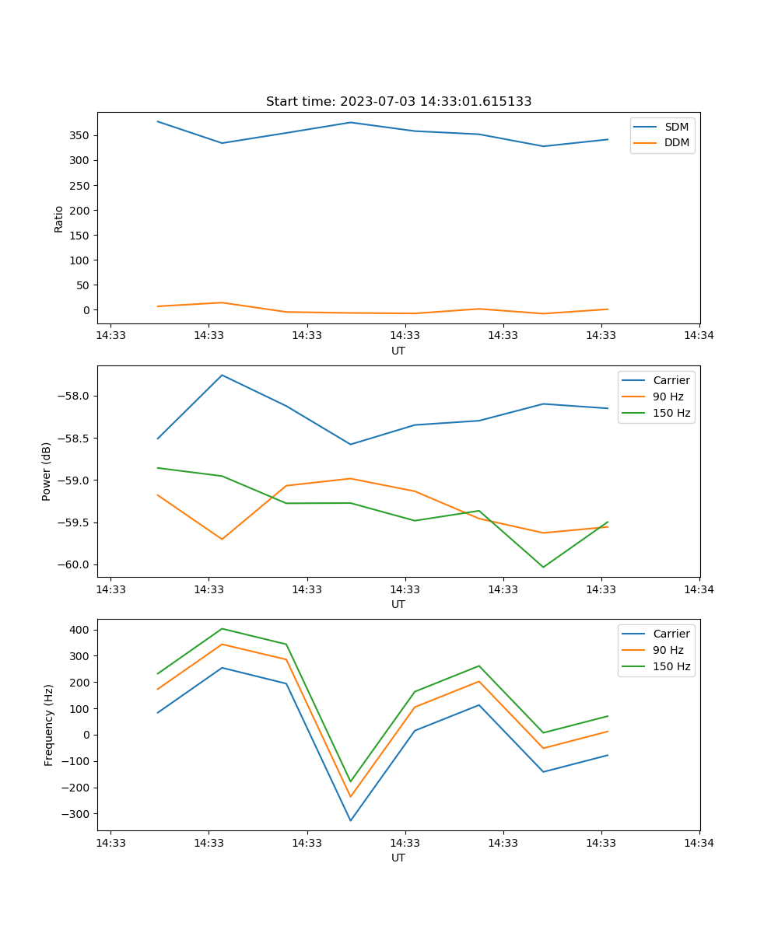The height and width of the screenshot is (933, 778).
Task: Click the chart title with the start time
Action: [x=398, y=102]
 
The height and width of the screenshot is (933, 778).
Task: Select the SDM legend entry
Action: [x=676, y=127]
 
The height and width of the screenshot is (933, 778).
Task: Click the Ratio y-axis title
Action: [x=59, y=218]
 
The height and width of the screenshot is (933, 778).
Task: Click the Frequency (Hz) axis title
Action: [x=49, y=725]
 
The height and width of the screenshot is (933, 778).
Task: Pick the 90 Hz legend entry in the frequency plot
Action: [x=668, y=650]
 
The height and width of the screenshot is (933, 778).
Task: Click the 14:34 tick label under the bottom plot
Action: [x=699, y=842]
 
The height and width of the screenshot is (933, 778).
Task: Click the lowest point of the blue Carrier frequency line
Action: [x=350, y=820]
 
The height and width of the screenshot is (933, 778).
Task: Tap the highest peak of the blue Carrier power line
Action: [x=223, y=375]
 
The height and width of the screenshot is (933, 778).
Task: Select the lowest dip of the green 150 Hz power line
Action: [x=543, y=567]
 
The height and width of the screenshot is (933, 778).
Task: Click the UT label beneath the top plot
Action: [x=398, y=351]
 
